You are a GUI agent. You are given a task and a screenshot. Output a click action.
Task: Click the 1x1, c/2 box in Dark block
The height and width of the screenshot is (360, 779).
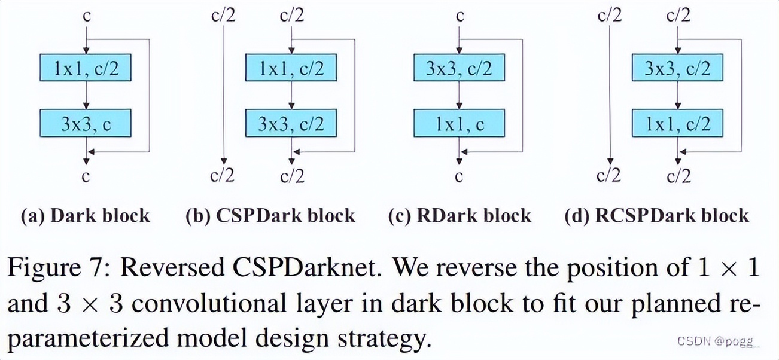coord(86,68)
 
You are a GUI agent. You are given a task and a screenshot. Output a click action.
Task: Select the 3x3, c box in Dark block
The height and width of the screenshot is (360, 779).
coord(86,123)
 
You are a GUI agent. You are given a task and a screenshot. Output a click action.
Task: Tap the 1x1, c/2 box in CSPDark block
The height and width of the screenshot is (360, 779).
coord(291,68)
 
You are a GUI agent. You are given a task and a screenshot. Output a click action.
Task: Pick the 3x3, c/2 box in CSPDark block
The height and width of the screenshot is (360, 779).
coord(291,123)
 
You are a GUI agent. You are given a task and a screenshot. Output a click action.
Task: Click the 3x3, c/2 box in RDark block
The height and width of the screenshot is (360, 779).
coord(459,68)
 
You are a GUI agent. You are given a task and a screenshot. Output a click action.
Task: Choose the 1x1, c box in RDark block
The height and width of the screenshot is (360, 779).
coord(459,123)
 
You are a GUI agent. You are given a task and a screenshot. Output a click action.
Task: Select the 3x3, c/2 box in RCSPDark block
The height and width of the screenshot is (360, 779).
coord(677,68)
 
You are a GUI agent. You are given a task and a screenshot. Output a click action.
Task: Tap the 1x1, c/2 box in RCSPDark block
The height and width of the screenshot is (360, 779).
coord(677,123)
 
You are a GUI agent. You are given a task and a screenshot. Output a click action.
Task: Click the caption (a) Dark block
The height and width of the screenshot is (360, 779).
coord(85,215)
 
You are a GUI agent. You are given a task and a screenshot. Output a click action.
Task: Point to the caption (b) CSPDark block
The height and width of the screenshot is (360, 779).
coord(270,215)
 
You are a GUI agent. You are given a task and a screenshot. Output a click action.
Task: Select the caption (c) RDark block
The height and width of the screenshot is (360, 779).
coord(460,215)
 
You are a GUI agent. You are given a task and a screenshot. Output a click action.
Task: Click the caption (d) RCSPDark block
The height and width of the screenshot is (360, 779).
coord(656,215)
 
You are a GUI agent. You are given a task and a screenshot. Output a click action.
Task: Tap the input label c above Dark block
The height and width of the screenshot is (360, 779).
coord(87,15)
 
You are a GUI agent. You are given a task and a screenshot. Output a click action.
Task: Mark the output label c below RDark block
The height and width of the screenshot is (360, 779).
coord(460,176)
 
